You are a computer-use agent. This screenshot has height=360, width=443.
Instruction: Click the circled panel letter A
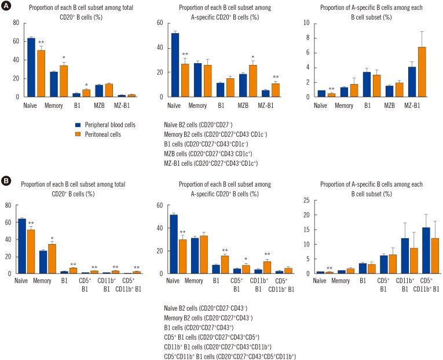coord(6,5)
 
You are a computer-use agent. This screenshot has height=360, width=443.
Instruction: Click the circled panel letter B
coord(6,181)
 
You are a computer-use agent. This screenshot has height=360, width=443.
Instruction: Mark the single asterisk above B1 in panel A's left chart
coord(85,85)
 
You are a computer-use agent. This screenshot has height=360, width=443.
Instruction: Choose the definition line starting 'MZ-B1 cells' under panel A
coord(211,163)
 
